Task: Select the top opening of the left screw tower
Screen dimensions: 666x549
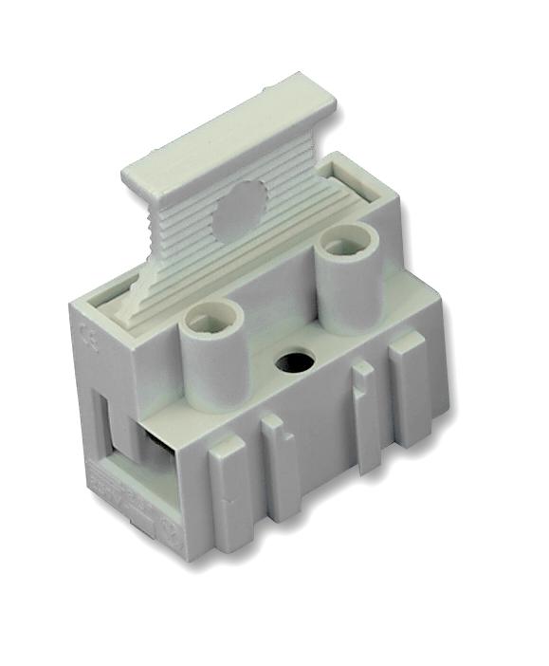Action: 206,321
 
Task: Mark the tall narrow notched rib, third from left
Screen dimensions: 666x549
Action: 364,416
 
